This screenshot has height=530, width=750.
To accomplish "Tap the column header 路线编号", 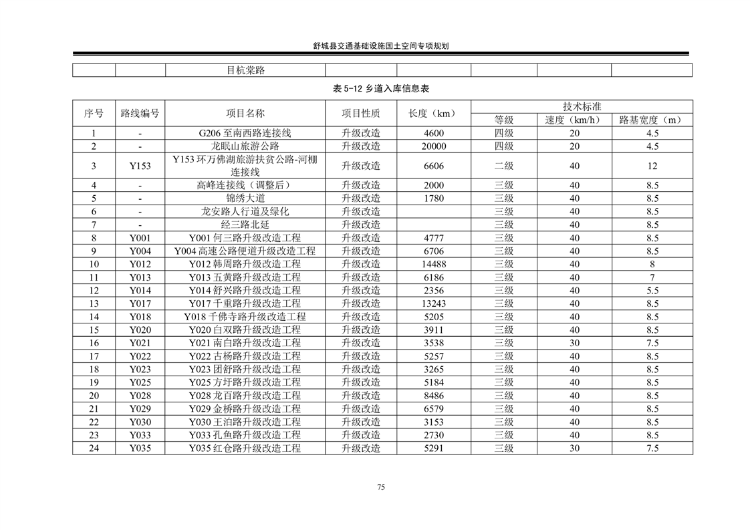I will pyautogui.click(x=140, y=113).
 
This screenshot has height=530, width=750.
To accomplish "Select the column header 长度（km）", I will pyautogui.click(x=433, y=113).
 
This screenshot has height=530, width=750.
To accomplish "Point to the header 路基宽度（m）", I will pyautogui.click(x=652, y=120).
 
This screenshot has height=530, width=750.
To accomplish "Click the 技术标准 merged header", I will pyautogui.click(x=582, y=106).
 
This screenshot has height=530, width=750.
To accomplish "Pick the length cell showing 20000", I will pyautogui.click(x=433, y=146).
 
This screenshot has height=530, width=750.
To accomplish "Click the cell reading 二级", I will pyautogui.click(x=503, y=166).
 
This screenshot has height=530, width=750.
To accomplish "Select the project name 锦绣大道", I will pyautogui.click(x=245, y=198).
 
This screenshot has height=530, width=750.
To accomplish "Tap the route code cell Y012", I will pyautogui.click(x=140, y=264).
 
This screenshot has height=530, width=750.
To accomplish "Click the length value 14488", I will pyautogui.click(x=433, y=264).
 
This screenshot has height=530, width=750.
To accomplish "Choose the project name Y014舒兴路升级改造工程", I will pyautogui.click(x=245, y=291).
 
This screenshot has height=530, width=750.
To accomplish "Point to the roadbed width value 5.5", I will pyautogui.click(x=652, y=291).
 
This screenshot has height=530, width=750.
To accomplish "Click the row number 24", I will pyautogui.click(x=94, y=448).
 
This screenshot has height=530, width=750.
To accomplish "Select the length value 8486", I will pyautogui.click(x=433, y=396).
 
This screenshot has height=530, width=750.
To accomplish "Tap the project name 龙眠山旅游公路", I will pyautogui.click(x=245, y=146).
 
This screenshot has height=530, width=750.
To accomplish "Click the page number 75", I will pyautogui.click(x=380, y=487).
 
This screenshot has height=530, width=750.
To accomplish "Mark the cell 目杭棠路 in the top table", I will pyautogui.click(x=245, y=70).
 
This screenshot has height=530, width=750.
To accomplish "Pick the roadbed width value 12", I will pyautogui.click(x=652, y=166).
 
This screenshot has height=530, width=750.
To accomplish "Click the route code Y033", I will pyautogui.click(x=140, y=435).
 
